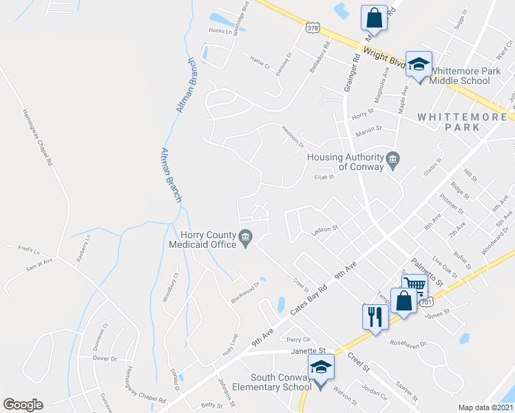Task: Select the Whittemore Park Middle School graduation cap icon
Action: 418,65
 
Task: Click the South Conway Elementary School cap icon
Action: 321,368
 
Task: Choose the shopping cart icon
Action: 414,285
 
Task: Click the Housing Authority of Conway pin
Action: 393,160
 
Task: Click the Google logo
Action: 23,405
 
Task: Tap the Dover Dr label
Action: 104,359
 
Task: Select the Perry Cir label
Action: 299,339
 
